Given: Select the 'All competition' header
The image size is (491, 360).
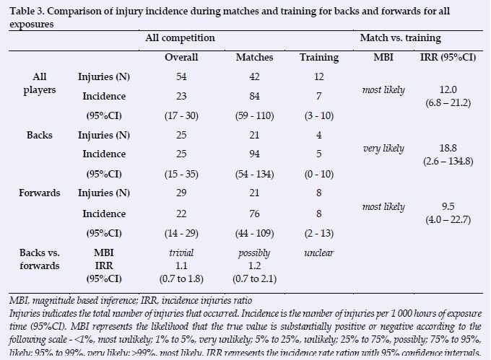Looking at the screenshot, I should point(181,38).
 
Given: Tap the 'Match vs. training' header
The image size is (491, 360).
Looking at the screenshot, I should point(400,38).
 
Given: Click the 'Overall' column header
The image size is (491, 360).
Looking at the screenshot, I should point(181,57).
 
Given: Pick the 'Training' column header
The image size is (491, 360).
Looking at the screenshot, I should point(318,57).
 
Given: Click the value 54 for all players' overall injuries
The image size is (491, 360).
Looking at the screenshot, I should point(181,76).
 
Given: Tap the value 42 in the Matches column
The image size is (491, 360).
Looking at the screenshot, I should point(253,76).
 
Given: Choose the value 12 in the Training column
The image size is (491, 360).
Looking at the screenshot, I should point(318,76).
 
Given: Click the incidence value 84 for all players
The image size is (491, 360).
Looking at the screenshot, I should point(253,96).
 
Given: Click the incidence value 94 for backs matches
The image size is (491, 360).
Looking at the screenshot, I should point(253,154).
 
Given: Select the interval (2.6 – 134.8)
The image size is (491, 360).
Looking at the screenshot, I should point(448,161).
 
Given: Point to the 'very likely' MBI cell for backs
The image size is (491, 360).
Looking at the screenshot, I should point(383,149).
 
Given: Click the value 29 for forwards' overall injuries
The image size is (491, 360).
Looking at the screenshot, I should point(181,193).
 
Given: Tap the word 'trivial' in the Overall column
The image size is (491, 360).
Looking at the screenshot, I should point(181,253).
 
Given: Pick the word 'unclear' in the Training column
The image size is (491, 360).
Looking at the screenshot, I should point(318,253).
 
